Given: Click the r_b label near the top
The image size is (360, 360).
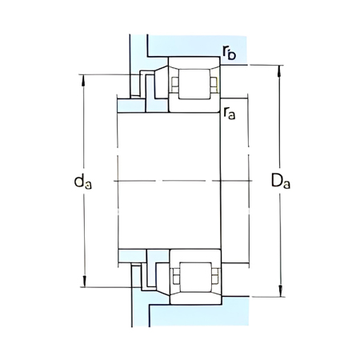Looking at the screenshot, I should (x=230, y=54).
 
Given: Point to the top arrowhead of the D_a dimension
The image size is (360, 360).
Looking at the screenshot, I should (x=279, y=69).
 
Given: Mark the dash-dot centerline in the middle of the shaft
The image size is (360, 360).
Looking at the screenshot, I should (x=168, y=181).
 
